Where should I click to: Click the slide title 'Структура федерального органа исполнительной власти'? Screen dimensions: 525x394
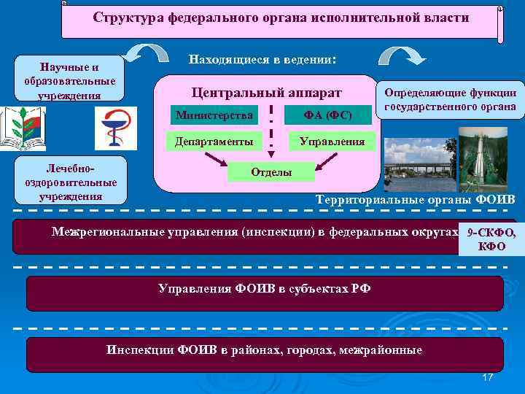pyautogui.click(x=281, y=17)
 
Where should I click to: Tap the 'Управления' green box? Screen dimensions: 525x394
pyautogui.click(x=332, y=141)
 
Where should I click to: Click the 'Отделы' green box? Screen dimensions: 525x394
pyautogui.click(x=271, y=171)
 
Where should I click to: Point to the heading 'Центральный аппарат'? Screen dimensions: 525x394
pyautogui.click(x=266, y=93)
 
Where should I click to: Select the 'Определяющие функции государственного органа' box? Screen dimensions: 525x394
pyautogui.click(x=450, y=100)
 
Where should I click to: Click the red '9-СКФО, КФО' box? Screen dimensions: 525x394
pyautogui.click(x=491, y=239)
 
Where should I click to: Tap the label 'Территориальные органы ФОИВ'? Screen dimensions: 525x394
pyautogui.click(x=414, y=200)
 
